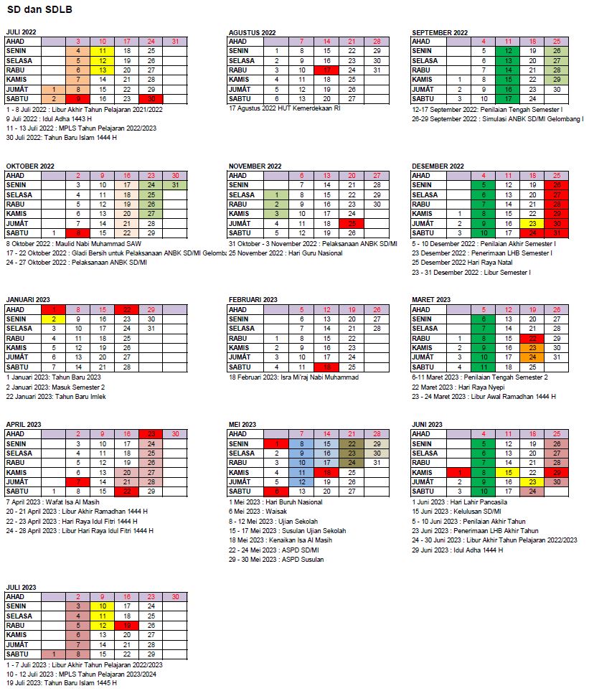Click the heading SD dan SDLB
(x=34, y=9)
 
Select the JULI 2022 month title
(x=21, y=32)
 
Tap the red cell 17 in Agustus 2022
(x=326, y=70)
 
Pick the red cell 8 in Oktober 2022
(x=78, y=232)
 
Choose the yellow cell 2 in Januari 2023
(x=53, y=319)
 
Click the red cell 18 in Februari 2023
(x=326, y=367)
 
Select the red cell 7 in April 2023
(x=78, y=481)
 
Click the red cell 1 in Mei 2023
(x=276, y=443)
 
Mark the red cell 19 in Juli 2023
(x=127, y=625)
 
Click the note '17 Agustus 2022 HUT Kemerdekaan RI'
(x=284, y=108)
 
